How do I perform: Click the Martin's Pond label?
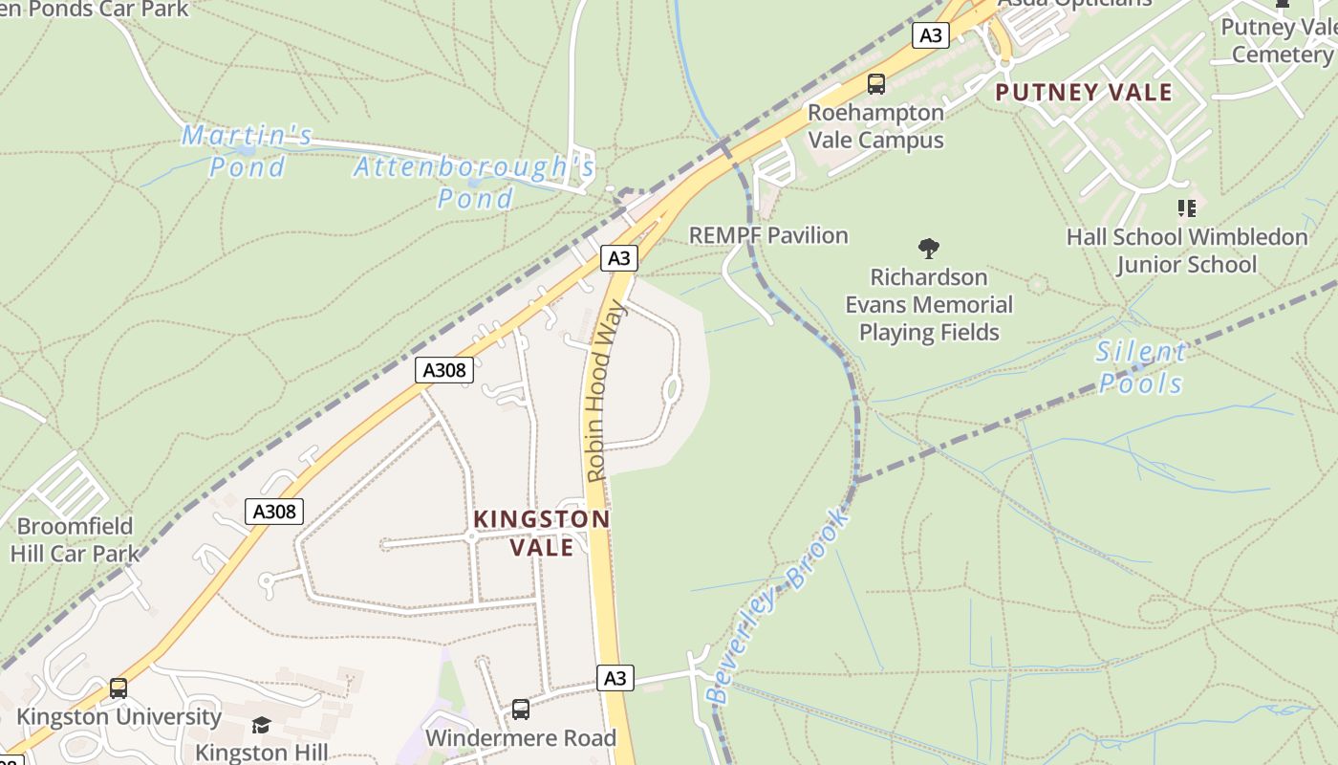[247, 151]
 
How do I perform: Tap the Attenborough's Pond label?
[475, 182]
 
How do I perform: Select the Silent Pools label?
[1141, 367]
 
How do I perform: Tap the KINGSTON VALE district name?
[542, 533]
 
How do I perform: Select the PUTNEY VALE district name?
[1084, 93]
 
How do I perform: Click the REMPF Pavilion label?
[768, 235]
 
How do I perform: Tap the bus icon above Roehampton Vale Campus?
[876, 84]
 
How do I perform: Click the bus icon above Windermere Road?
[521, 710]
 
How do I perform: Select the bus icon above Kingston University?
[119, 688]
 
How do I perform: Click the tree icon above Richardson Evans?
[928, 250]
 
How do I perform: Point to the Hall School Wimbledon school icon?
[1187, 208]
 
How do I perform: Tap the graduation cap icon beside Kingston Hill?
[261, 726]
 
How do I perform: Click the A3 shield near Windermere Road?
[615, 678]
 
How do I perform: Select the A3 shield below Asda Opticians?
[930, 36]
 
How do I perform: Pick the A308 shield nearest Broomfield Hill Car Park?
[275, 512]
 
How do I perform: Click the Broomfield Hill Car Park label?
[75, 539]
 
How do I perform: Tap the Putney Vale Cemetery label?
[1279, 40]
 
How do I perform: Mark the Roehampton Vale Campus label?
[875, 126]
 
